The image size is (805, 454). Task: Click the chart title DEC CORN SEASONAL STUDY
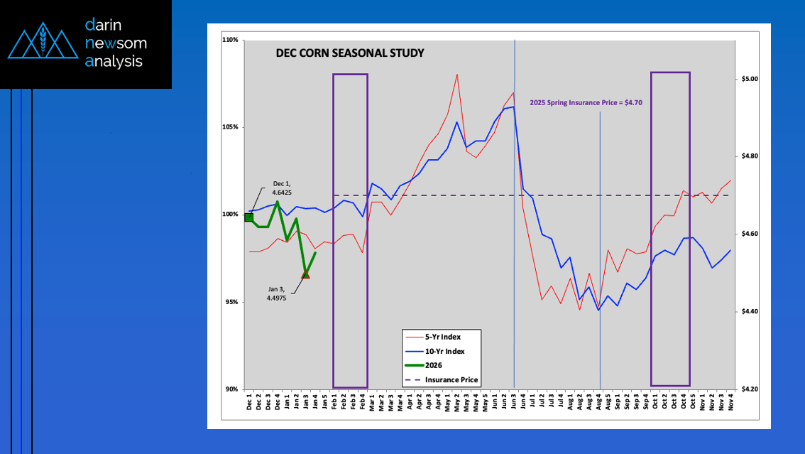349,53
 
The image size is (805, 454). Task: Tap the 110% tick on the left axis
232,40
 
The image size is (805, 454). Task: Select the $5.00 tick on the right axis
745,79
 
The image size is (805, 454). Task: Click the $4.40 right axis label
745,312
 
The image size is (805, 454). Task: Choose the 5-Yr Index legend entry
444,336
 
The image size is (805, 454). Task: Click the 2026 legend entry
434,365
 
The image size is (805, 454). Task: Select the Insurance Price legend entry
451,380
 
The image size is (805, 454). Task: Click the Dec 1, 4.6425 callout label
282,188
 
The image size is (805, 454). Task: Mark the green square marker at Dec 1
248,217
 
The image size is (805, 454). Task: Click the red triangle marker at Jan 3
305,274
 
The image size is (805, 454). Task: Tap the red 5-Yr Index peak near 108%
456,75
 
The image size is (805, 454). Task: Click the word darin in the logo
104,25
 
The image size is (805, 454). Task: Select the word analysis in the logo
114,61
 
